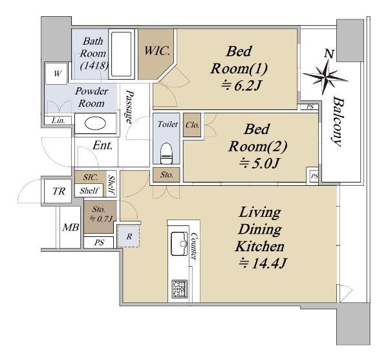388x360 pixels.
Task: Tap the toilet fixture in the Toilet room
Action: coord(166,153)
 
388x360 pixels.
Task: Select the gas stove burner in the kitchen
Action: coord(180,289)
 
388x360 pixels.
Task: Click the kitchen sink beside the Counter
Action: coord(179,244)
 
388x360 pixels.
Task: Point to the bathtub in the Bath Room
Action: coord(121,54)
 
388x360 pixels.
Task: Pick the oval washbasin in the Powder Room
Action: coord(95,123)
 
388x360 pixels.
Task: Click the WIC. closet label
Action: coord(157,51)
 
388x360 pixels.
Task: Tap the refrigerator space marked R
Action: coord(129,236)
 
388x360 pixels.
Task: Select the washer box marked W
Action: coord(57,74)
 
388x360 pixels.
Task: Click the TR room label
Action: coord(59,191)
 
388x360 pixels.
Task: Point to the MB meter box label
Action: coord(70,227)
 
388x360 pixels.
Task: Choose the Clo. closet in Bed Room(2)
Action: coord(192,125)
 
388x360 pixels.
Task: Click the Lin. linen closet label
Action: coord(58,120)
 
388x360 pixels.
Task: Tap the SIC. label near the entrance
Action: coord(91,177)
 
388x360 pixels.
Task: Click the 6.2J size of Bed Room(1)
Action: coord(241,85)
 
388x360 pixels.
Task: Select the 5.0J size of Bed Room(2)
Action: coord(259,163)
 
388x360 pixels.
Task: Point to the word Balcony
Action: coord(338,122)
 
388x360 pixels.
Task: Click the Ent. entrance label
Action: coord(102,145)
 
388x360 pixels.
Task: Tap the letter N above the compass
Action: coord(329,53)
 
